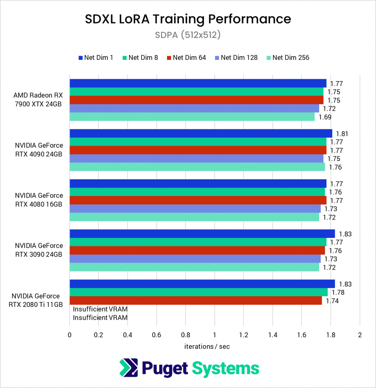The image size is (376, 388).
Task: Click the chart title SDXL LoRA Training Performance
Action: point(188,19)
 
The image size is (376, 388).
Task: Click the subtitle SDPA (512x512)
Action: point(188,35)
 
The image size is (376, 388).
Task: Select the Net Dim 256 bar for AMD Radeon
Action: point(192,117)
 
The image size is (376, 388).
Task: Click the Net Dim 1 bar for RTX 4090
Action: point(201,133)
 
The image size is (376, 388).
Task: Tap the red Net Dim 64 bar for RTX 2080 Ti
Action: point(195,300)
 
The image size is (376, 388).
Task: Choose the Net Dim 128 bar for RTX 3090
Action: point(195,259)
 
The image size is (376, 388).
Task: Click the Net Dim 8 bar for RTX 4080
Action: point(197,192)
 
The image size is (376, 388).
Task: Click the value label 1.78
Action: point(338,292)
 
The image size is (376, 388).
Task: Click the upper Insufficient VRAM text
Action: point(100,309)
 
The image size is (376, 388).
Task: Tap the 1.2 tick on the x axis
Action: point(243,335)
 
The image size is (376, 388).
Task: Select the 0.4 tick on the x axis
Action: point(127,335)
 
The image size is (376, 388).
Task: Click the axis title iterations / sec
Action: point(207,346)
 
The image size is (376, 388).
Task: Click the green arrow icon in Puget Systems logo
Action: point(128,368)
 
